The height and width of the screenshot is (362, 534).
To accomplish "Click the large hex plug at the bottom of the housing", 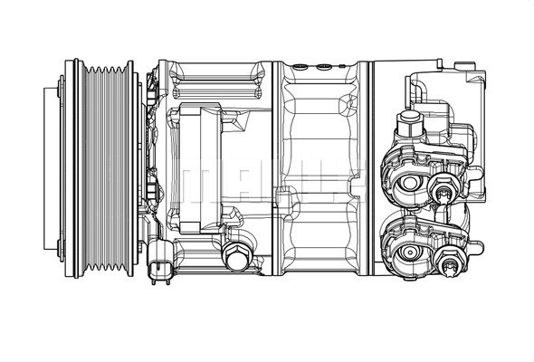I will pyautogui.click(x=237, y=261).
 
